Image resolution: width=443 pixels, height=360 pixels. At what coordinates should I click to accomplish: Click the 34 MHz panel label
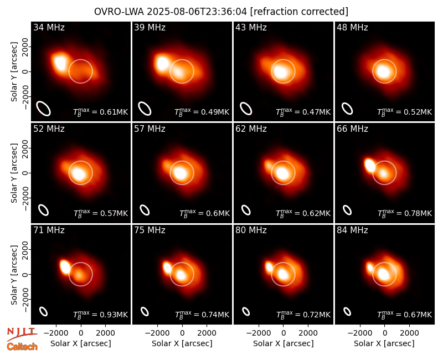pyautogui.click(x=49, y=27)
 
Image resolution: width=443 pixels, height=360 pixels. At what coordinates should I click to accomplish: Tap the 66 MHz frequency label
pyautogui.click(x=352, y=129)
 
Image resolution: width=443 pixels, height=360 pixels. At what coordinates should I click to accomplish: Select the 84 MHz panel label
pyautogui.click(x=352, y=230)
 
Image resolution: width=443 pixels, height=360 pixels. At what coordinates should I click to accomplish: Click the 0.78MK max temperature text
pyautogui.click(x=418, y=213)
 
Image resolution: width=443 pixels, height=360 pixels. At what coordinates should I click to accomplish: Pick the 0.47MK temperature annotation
pyautogui.click(x=316, y=112)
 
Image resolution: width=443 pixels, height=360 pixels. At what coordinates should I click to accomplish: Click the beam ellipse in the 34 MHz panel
pyautogui.click(x=44, y=109)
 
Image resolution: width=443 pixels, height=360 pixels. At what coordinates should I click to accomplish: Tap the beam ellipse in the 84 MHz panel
pyautogui.click(x=347, y=311)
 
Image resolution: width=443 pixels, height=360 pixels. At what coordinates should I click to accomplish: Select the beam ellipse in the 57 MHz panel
pyautogui.click(x=145, y=210)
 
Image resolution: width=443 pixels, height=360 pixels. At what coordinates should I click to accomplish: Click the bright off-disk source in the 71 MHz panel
pyautogui.click(x=65, y=267)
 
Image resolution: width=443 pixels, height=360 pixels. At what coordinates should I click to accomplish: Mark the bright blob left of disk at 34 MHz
pyautogui.click(x=60, y=62)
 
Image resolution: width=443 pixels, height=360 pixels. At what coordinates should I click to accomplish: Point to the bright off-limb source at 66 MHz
pyautogui.click(x=369, y=165)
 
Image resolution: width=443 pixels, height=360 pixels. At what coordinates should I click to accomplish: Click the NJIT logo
pyautogui.click(x=22, y=334)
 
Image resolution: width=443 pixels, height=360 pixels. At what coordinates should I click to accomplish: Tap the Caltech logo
pyautogui.click(x=22, y=347)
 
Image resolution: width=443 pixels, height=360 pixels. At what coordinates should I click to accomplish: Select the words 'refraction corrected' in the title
pyautogui.click(x=299, y=12)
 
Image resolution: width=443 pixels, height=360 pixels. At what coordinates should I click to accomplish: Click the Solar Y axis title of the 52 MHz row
pyautogui.click(x=14, y=173)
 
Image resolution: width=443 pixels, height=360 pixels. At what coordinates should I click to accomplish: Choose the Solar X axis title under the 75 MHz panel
pyautogui.click(x=182, y=343)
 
